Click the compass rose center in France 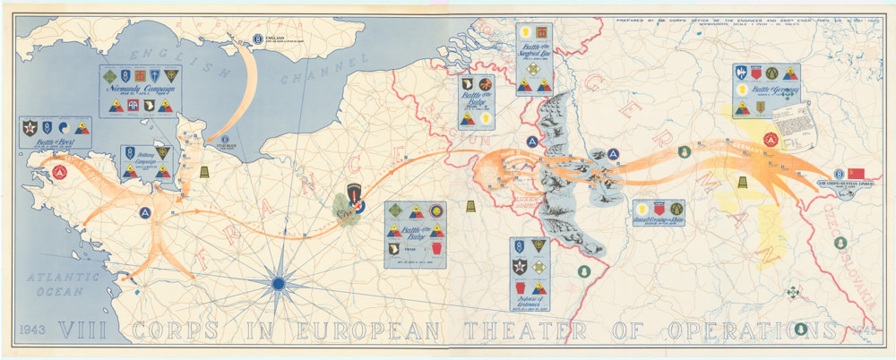(278, 283)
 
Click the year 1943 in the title (31, 328)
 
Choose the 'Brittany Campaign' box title (145, 167)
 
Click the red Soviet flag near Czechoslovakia (857, 173)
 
